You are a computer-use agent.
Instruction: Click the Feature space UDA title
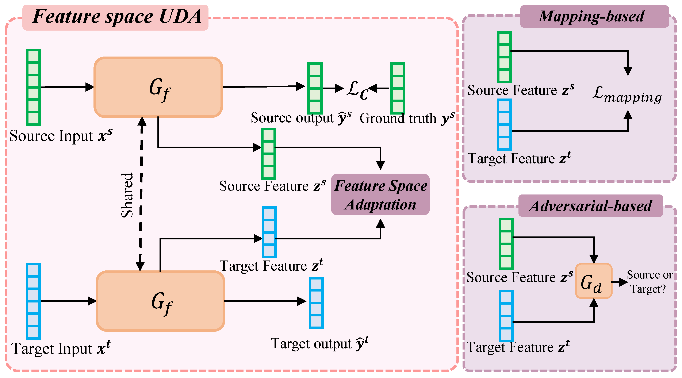[x=116, y=17]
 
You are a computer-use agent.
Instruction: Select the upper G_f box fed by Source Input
[x=158, y=87]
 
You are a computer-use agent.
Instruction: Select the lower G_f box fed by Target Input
[x=160, y=301]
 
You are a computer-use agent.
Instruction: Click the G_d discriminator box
[x=593, y=281]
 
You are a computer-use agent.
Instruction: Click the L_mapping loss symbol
[x=627, y=96]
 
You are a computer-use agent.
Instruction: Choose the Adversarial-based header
[x=590, y=206]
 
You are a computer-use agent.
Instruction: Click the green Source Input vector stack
[x=33, y=87]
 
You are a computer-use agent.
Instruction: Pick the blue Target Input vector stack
[x=33, y=301]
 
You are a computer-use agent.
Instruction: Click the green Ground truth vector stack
[x=397, y=88]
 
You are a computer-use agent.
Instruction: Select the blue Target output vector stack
[x=316, y=303]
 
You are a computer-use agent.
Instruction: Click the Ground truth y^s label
[x=407, y=118]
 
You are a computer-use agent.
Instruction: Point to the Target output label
[x=319, y=344]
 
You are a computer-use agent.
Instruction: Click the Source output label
[x=301, y=117]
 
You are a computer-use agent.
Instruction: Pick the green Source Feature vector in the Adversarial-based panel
[x=506, y=244]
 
